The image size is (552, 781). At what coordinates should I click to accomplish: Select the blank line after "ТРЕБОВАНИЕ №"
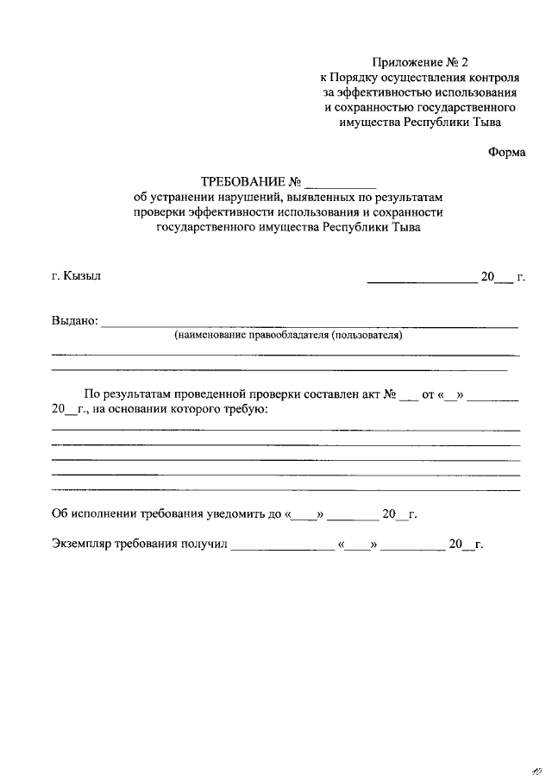coord(341,184)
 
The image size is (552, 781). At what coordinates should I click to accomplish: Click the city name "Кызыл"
coord(83,276)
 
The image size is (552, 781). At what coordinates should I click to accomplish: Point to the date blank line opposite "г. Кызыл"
coord(421,279)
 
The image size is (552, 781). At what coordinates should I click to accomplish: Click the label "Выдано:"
coord(75,322)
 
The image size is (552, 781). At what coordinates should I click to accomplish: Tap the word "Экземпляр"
coord(85,545)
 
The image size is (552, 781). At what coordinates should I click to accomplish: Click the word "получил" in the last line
coord(204,545)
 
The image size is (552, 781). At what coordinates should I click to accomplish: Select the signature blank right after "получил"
coord(282,546)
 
